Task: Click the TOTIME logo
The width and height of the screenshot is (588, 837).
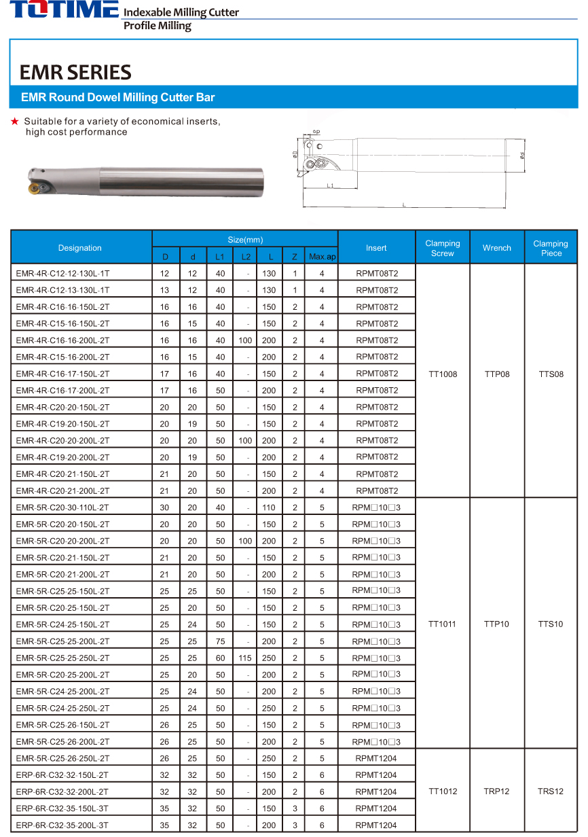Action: [65, 10]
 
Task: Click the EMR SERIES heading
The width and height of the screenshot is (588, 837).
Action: [75, 73]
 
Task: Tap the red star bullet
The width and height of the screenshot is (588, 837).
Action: [14, 122]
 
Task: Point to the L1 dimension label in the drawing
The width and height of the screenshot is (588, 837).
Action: [330, 185]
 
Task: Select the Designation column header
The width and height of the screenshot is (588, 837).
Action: [80, 248]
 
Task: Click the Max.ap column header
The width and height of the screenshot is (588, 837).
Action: [322, 257]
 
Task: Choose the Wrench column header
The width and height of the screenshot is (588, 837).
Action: [497, 248]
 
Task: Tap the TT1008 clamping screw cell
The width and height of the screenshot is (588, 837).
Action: [443, 374]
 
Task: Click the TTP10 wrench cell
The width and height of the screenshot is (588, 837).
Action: [497, 624]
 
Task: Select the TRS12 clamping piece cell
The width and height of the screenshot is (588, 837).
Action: [551, 791]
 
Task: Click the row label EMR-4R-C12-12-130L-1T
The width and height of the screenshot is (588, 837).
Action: [62, 274]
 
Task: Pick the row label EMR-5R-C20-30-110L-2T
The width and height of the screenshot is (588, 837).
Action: [62, 507]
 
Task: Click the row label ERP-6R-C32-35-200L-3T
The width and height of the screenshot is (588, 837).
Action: [62, 825]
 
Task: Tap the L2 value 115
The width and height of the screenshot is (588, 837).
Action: [245, 658]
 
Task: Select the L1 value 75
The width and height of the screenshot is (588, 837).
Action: [220, 641]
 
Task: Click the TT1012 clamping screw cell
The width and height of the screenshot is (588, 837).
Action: [443, 791]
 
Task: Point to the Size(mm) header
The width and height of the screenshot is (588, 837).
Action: [244, 240]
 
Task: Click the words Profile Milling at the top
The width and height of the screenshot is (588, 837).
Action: [157, 26]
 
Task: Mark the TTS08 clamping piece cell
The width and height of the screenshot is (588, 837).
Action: [551, 374]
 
